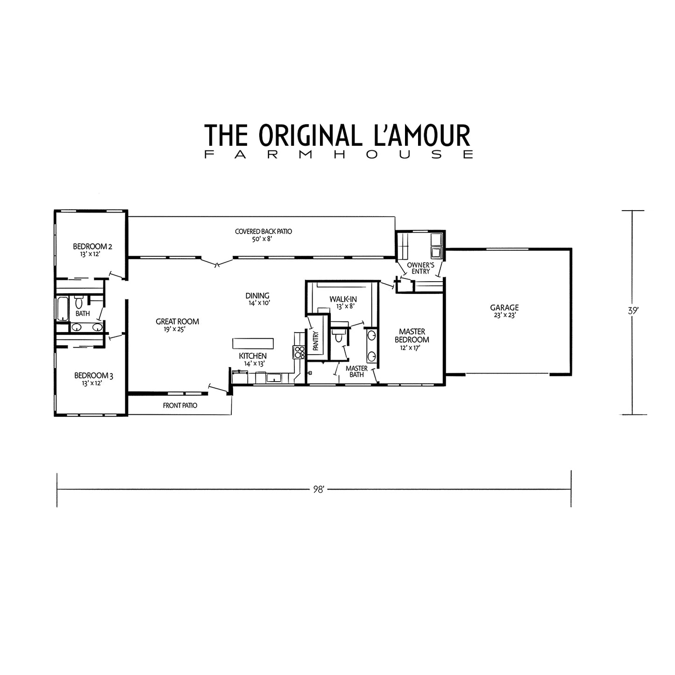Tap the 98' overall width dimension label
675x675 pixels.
click(x=319, y=490)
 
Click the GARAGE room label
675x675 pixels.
click(x=504, y=308)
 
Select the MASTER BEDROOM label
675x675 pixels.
click(x=412, y=336)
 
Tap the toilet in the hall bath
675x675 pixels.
click(x=78, y=302)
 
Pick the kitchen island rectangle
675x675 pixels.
click(x=252, y=343)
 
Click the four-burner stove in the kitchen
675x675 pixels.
click(x=298, y=352)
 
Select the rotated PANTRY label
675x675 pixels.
click(x=315, y=341)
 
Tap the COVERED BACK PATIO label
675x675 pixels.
click(x=263, y=231)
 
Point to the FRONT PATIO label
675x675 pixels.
click(x=180, y=405)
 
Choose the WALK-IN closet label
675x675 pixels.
click(x=343, y=299)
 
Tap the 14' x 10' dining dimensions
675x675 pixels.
click(x=257, y=303)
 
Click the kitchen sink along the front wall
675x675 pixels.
click(x=274, y=377)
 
